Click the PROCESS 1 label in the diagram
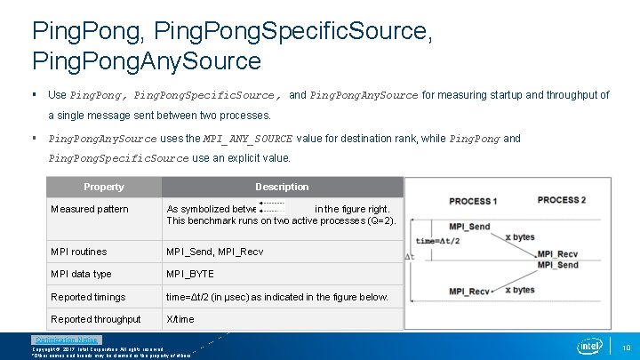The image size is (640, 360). (473, 201)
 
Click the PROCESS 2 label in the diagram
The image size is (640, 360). (561, 200)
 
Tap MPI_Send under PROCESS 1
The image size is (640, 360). (469, 227)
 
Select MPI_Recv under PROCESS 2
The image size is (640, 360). (557, 254)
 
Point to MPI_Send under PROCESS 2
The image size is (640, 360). (557, 265)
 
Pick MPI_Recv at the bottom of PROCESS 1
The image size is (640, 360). (469, 292)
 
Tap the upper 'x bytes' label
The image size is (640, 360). (520, 237)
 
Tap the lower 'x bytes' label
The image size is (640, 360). (520, 290)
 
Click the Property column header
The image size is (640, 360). (104, 187)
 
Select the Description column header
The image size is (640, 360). (282, 187)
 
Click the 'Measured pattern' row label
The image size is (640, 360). (90, 209)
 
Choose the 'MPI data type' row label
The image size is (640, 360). (82, 274)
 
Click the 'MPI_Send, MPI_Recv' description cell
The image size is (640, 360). (215, 252)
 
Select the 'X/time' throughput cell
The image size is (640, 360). (181, 319)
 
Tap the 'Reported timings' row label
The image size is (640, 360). (89, 297)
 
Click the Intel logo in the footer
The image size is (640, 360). (589, 346)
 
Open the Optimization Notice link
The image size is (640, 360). (67, 340)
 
